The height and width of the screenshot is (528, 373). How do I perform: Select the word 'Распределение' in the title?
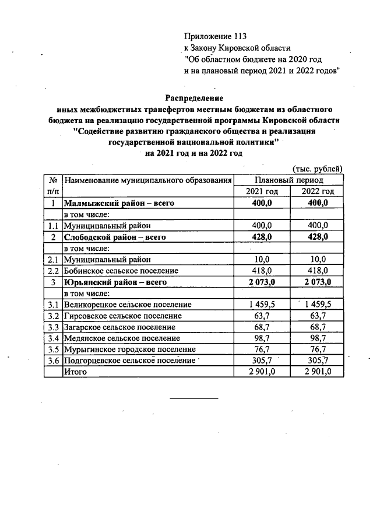click(194, 97)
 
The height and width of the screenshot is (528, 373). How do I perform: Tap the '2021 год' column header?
click(262, 192)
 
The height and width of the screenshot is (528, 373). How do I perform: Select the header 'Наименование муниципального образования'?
click(148, 181)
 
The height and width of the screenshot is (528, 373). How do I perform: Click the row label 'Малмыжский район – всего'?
click(119, 203)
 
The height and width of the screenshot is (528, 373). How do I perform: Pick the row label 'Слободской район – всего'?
click(115, 237)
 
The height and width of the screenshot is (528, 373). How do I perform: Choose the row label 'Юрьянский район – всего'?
click(115, 282)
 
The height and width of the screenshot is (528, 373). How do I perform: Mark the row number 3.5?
click(53, 349)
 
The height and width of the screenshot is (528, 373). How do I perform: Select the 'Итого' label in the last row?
click(75, 372)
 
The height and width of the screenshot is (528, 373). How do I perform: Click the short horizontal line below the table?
click(193, 398)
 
